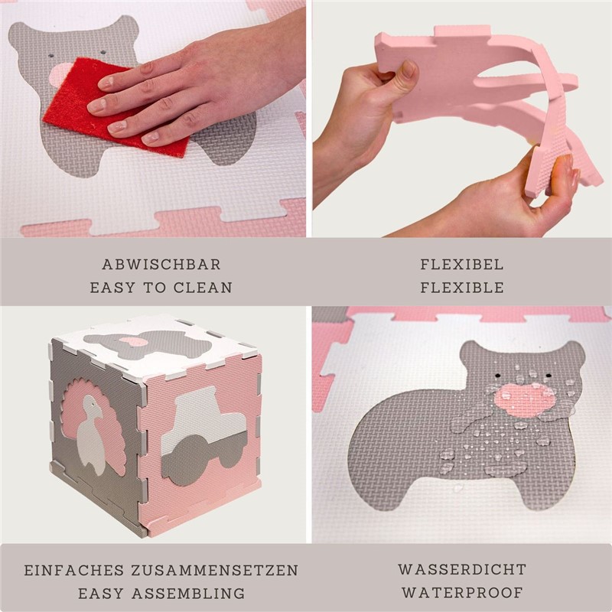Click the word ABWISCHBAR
(x=161, y=265)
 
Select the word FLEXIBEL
(x=462, y=265)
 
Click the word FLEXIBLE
(x=462, y=288)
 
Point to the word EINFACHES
(x=74, y=570)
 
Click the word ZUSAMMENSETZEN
(x=215, y=570)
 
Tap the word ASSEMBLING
(x=188, y=594)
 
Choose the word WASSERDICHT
(x=462, y=569)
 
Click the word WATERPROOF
(x=462, y=592)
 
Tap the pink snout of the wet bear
(x=524, y=399)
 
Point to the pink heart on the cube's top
(x=133, y=341)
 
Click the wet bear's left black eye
(x=498, y=376)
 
